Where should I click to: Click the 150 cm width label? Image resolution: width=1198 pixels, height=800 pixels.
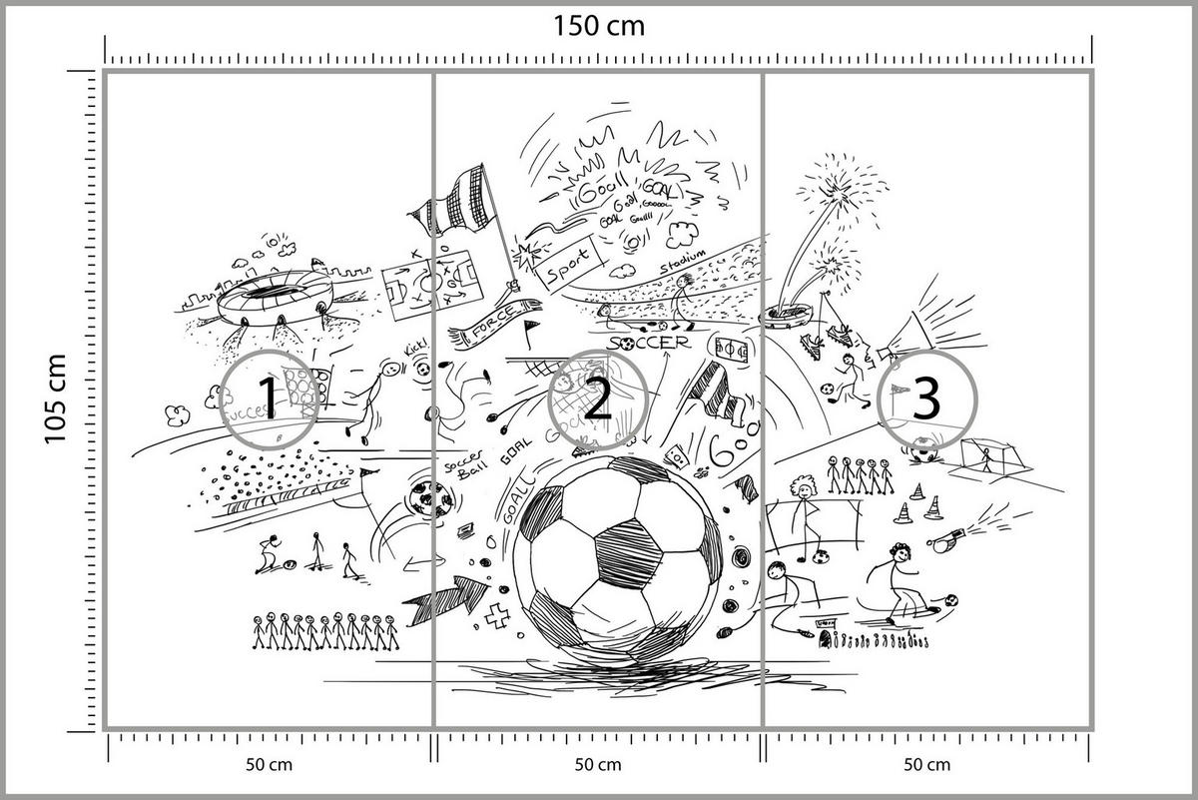coord(599,25)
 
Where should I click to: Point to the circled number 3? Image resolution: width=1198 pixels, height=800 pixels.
coord(926,400)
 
